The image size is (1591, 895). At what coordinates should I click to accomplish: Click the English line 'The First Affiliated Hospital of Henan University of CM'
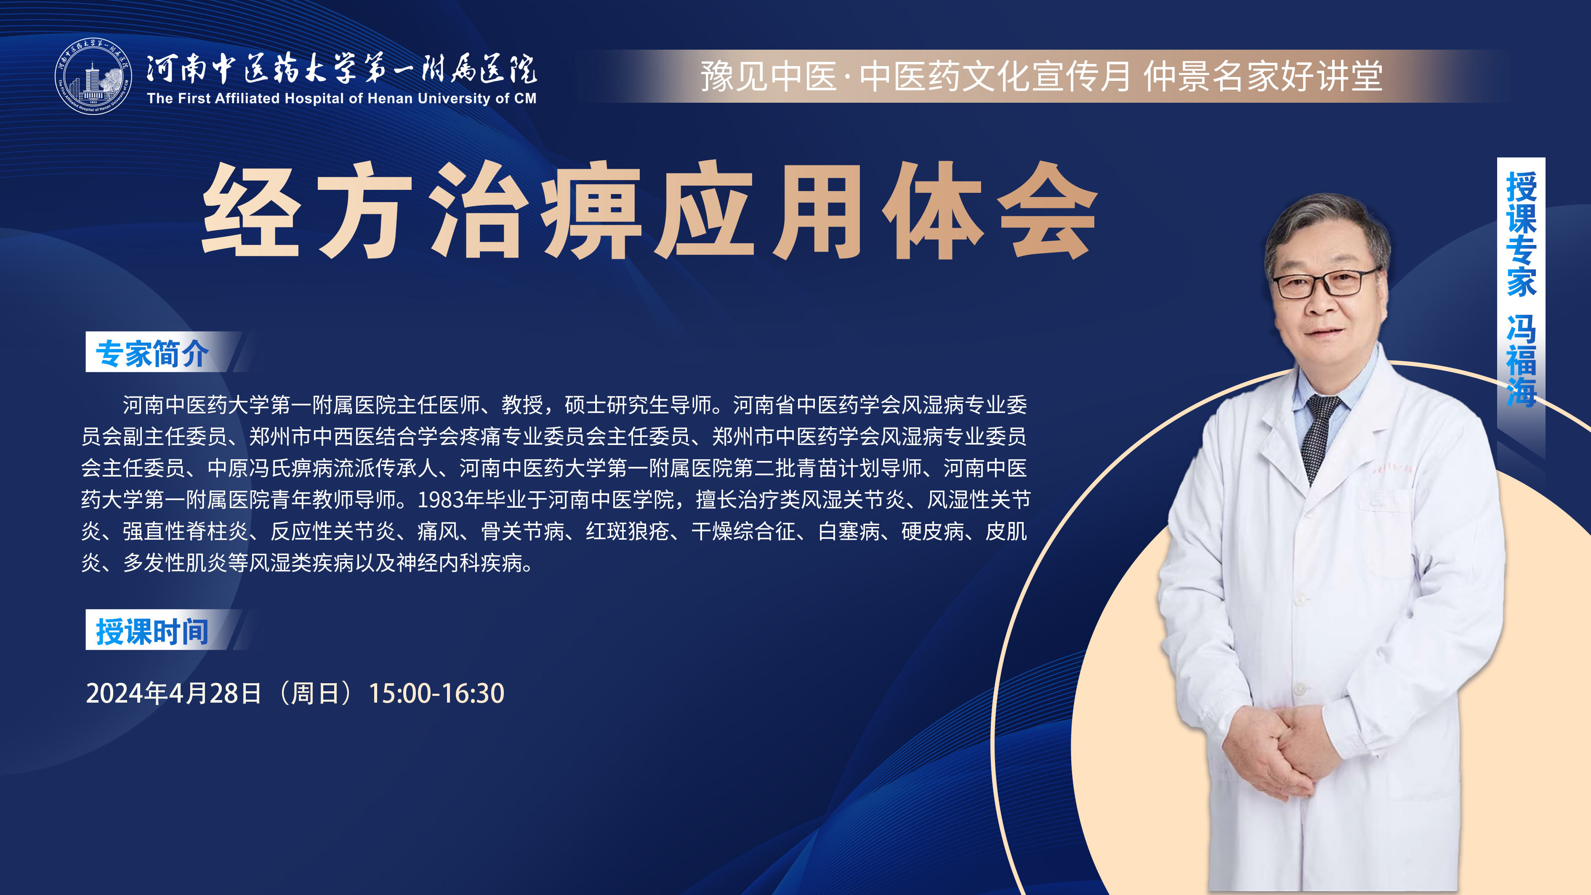[x=341, y=98]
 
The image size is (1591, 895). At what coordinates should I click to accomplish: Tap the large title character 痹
[x=592, y=210]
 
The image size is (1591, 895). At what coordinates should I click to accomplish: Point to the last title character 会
[x=1048, y=210]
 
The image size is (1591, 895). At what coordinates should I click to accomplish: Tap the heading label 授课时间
[x=152, y=631]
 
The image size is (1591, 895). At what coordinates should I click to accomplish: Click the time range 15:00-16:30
[x=436, y=693]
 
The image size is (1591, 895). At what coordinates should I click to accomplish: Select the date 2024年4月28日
[x=173, y=693]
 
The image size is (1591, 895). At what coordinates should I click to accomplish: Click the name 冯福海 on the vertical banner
[x=1521, y=361]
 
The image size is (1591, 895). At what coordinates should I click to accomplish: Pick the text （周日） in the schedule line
[x=314, y=693]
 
